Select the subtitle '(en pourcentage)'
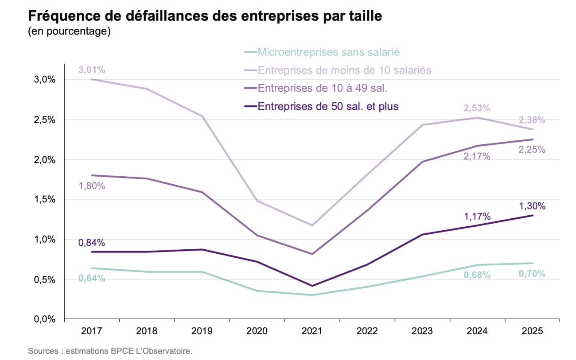[x=69, y=32]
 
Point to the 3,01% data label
[x=92, y=70]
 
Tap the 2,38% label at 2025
[x=532, y=120]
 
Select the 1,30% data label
[x=532, y=206]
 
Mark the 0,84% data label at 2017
[x=92, y=243]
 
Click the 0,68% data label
[x=477, y=275]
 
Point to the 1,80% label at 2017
[x=92, y=186]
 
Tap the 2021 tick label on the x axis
[x=312, y=331]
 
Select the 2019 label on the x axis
[x=202, y=331]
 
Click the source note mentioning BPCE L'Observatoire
[x=110, y=352]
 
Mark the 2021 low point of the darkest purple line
[x=312, y=286]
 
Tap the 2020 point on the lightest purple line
[x=257, y=201]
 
